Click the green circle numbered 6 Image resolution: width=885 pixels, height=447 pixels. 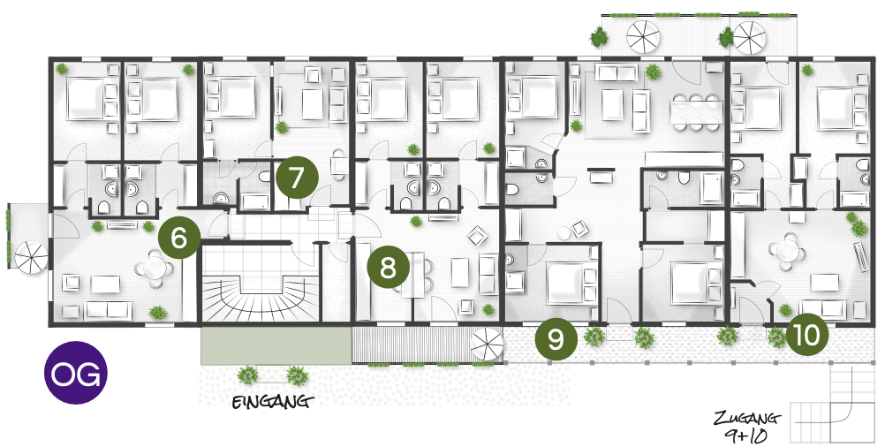[x=179, y=239]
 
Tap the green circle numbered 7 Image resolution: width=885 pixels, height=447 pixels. [x=297, y=178]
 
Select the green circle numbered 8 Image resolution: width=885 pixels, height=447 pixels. [x=389, y=268]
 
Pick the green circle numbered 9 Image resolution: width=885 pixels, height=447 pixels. [x=556, y=338]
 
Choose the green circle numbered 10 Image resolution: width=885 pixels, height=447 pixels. [x=807, y=336]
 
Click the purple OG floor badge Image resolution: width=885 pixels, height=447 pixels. [x=76, y=373]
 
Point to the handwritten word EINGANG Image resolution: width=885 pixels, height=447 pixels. [x=273, y=402]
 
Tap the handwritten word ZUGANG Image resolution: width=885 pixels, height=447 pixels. [x=746, y=419]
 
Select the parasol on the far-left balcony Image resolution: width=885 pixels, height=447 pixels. [x=31, y=258]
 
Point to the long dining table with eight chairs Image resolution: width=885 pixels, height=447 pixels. [x=697, y=113]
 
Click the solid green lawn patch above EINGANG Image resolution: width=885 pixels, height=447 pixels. [x=276, y=345]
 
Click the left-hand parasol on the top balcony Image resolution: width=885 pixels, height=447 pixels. [x=644, y=36]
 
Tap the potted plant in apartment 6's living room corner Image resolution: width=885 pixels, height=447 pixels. [x=157, y=312]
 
